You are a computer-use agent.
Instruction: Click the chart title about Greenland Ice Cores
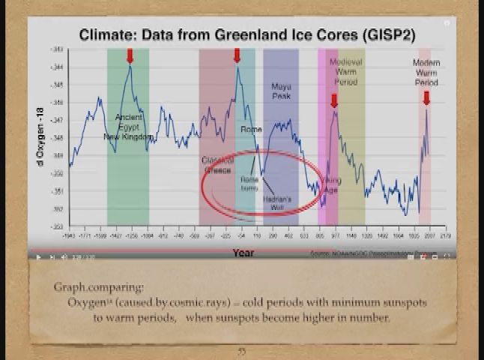pos(246,35)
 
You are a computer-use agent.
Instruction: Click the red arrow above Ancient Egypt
pos(130,56)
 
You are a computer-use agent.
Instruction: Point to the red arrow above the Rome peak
pos(238,55)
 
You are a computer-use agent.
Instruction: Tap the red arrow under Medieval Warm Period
pos(334,100)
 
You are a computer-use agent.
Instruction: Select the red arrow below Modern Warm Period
pos(426,97)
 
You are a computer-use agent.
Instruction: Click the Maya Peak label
pos(281,91)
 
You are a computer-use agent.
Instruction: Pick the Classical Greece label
pos(217,165)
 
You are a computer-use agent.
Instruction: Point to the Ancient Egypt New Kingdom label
pos(128,127)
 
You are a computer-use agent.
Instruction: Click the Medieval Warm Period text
pos(346,71)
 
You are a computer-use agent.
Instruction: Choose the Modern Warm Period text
pos(426,73)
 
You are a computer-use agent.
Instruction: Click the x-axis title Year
pos(243,253)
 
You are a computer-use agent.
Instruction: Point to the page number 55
pos(241,351)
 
